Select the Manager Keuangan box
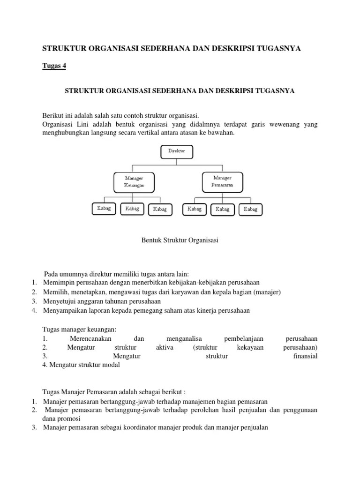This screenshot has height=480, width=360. (134, 182)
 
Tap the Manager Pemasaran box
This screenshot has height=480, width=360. (222, 181)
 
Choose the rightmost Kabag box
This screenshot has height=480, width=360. (250, 210)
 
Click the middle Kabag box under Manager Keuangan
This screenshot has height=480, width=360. (132, 209)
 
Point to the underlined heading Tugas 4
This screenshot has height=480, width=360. (54, 66)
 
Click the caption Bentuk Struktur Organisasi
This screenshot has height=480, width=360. (180, 240)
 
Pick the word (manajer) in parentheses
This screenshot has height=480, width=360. (266, 292)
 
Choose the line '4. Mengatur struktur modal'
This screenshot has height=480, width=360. (81, 365)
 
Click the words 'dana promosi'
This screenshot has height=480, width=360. (61, 419)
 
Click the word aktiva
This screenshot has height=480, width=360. (165, 347)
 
